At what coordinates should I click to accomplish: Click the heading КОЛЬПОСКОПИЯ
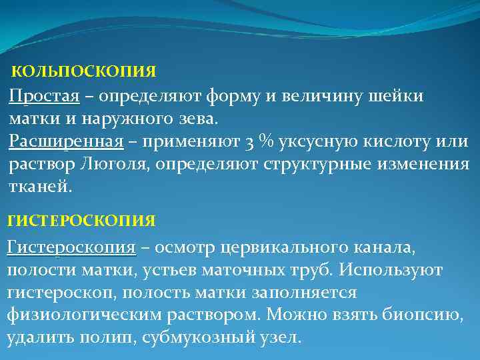(84, 71)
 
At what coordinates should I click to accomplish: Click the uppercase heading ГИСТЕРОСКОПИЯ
(81, 220)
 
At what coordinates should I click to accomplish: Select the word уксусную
(319, 142)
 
